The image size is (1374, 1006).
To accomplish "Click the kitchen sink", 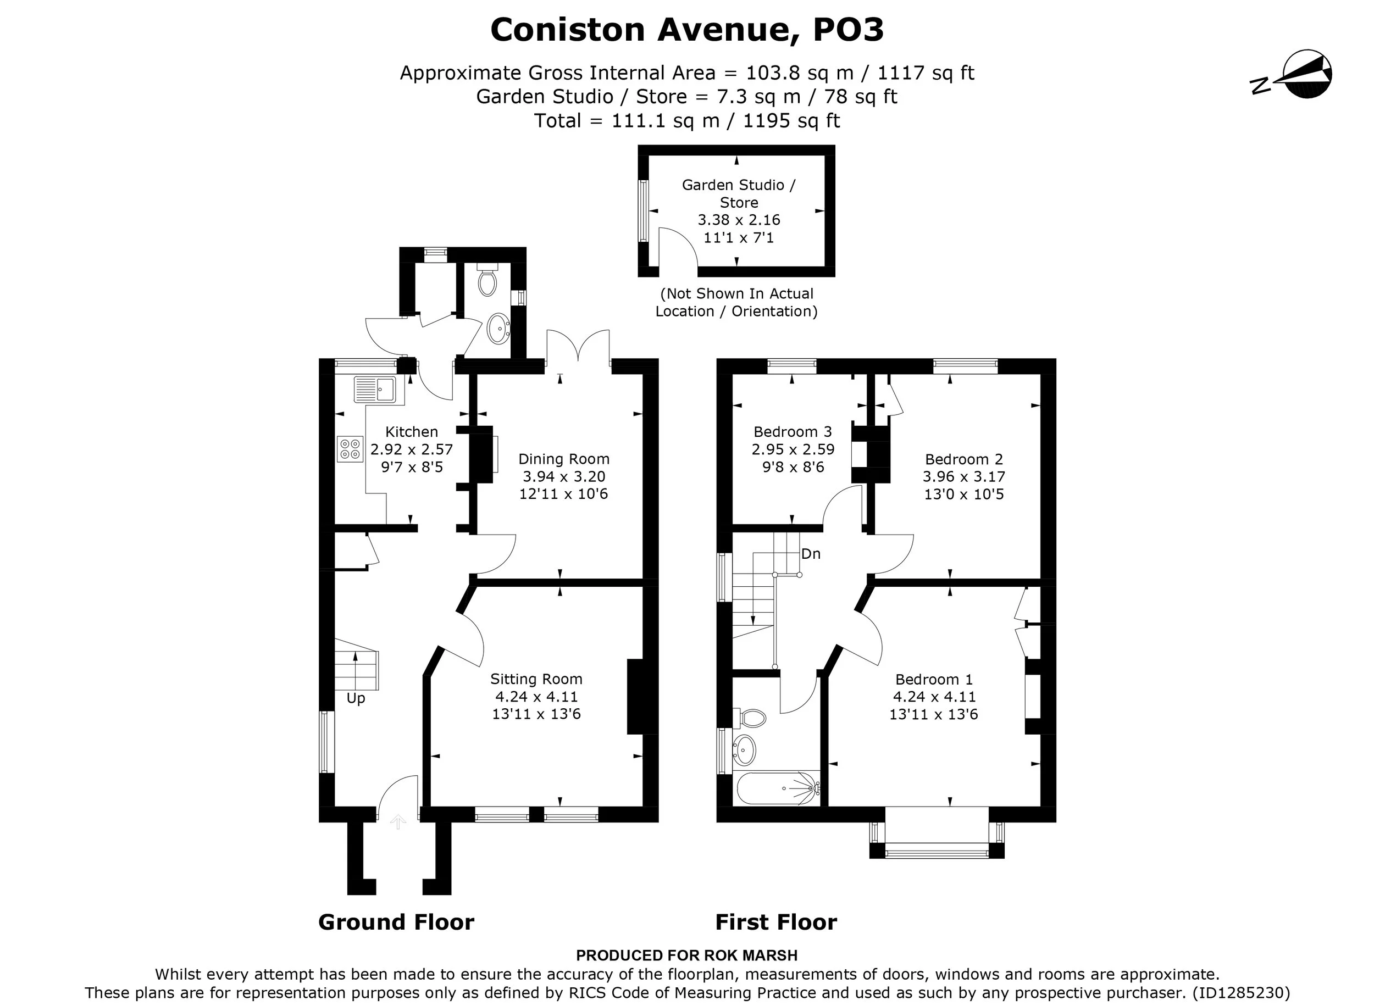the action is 379,390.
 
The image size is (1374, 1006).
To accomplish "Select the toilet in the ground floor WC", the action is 487,280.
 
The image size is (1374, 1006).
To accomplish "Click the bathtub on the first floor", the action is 777,789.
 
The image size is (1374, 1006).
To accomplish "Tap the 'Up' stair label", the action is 356,698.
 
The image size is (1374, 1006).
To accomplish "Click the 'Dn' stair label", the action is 811,553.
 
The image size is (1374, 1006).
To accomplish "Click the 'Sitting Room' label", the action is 536,679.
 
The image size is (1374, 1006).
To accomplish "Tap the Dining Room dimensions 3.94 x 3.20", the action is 564,476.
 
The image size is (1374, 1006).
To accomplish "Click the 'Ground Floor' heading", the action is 396,922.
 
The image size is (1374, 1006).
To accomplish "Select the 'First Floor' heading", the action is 776,922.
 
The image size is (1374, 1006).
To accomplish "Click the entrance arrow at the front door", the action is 398,821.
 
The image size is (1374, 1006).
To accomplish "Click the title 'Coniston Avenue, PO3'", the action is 687,29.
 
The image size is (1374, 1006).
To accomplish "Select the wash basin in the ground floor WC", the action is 499,329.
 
